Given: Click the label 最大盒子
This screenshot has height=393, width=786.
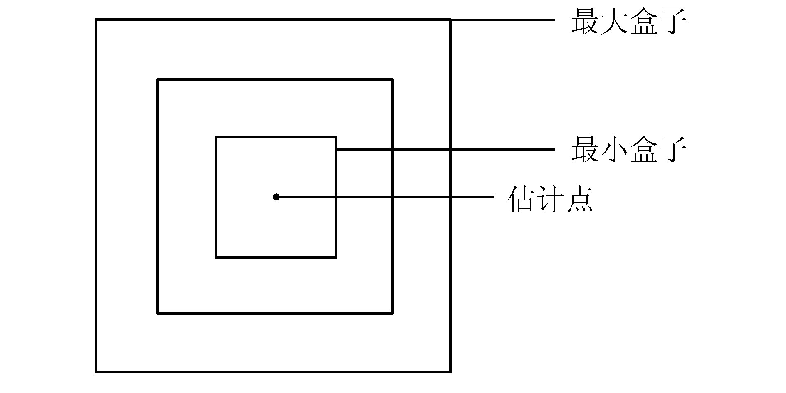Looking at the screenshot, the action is (628, 22).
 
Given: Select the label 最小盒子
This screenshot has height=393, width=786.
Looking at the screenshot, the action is (628, 150).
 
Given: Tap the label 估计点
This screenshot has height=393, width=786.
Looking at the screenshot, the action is (550, 199).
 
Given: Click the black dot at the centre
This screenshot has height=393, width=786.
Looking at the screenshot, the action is (276, 197).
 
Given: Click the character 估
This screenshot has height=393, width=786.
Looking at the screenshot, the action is (521, 199).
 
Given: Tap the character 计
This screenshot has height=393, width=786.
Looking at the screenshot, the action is (550, 199).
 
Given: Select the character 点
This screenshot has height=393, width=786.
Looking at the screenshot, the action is (579, 199).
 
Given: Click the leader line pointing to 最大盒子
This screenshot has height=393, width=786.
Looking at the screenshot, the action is (503, 20).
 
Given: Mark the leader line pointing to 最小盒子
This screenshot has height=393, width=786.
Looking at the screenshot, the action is (445, 149).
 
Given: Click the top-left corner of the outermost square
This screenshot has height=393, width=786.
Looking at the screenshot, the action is (96, 20).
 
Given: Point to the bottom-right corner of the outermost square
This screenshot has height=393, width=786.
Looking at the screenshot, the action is (450, 371).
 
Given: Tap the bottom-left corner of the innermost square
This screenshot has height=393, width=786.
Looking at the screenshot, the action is (216, 257).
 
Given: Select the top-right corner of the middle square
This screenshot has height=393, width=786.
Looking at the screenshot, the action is (393, 79).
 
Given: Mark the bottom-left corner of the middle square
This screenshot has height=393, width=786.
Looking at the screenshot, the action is (158, 313).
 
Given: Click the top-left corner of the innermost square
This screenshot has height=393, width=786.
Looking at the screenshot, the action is (216, 137).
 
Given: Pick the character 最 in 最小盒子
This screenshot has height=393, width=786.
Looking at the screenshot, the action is (584, 150).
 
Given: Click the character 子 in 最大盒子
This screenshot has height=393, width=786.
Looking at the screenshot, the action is (672, 22).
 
